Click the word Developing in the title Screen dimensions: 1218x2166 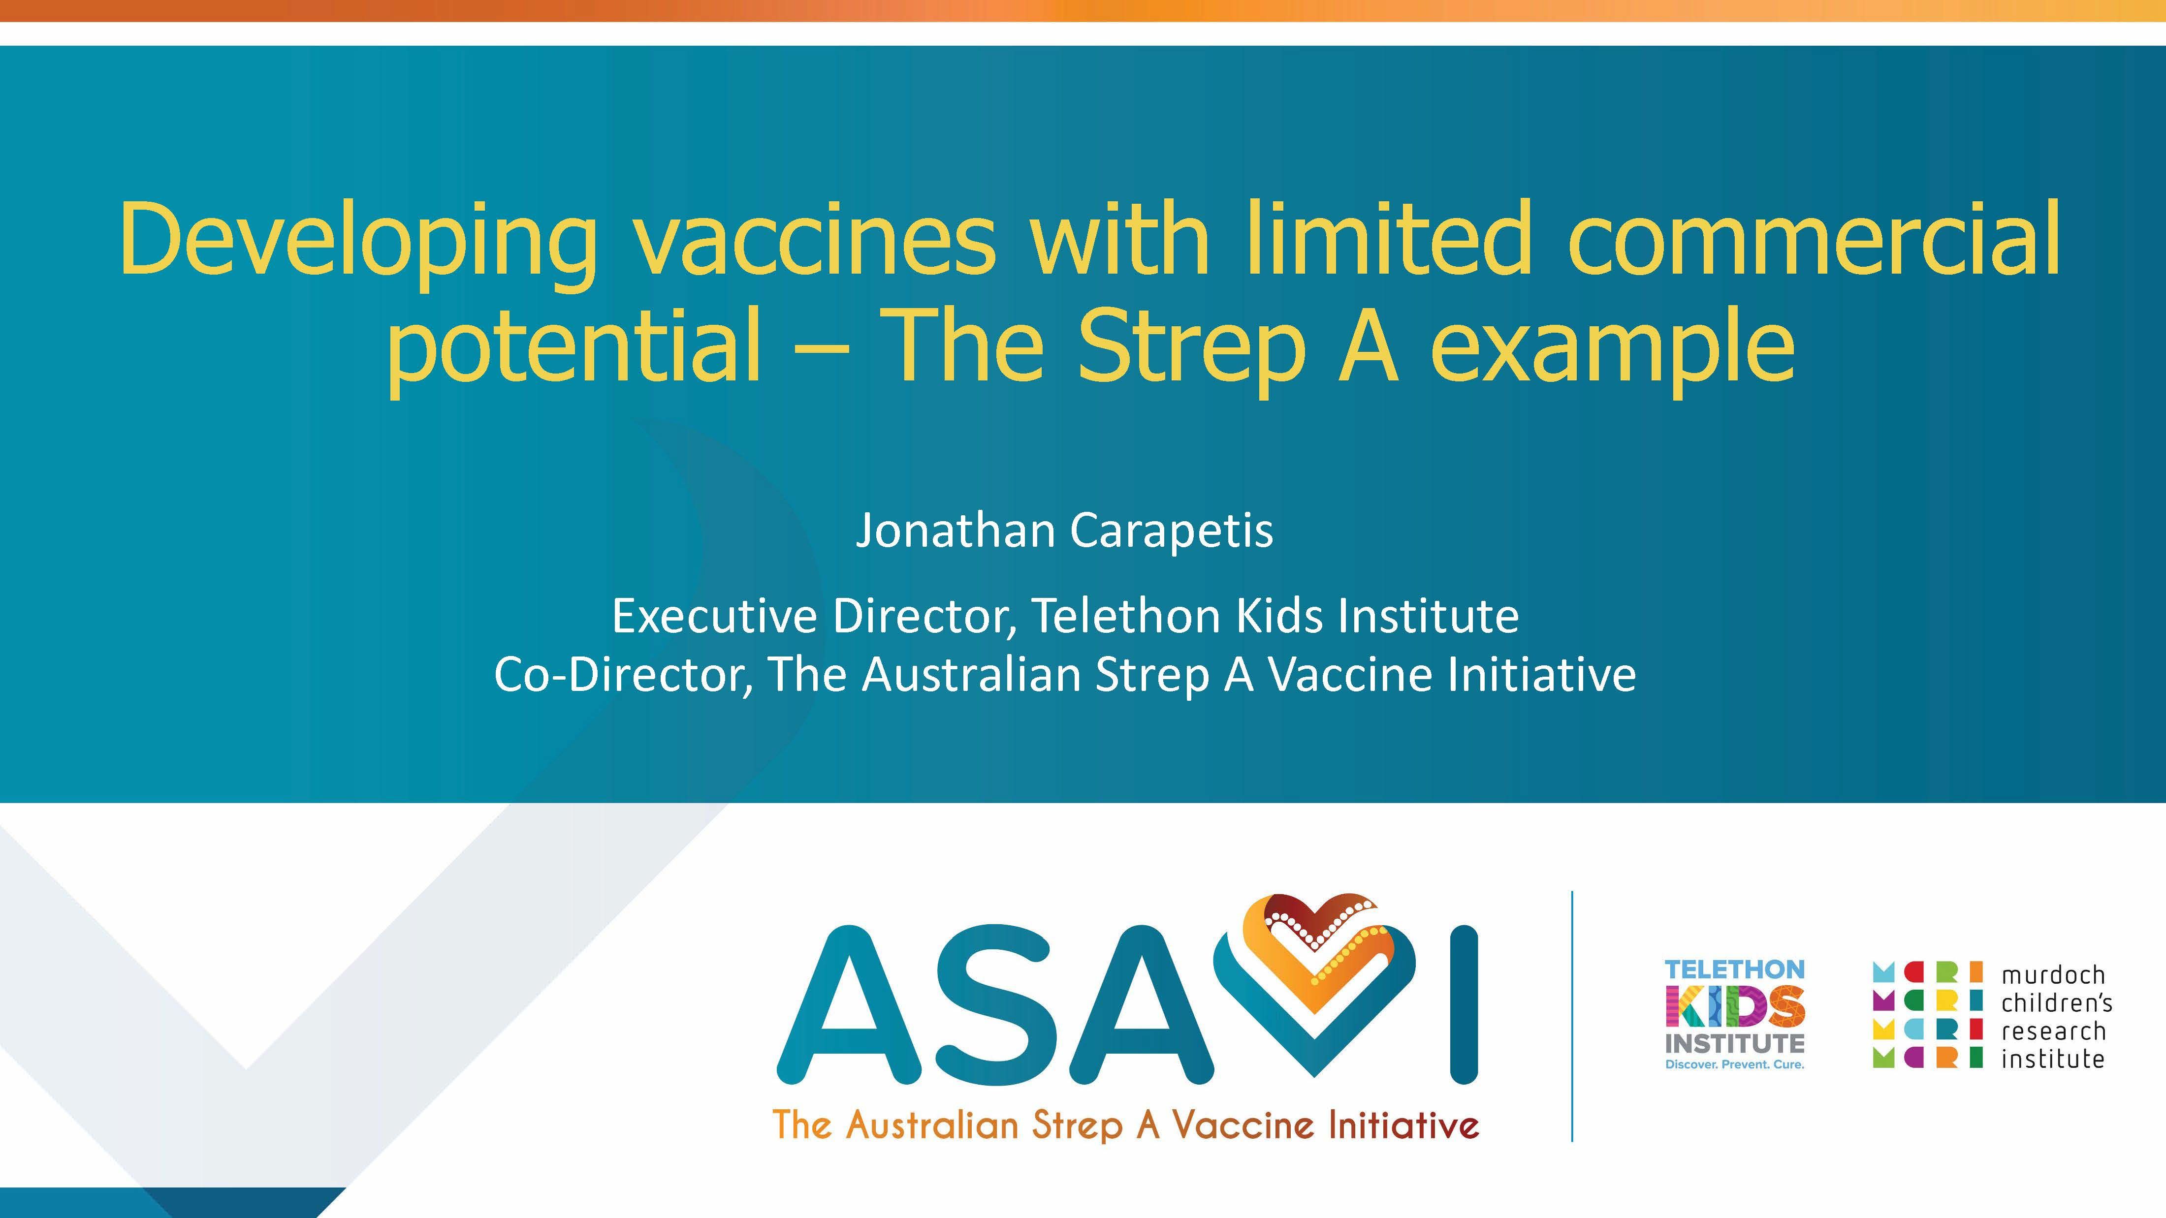coord(357,240)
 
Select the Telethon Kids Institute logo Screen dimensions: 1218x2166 coord(1735,1013)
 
